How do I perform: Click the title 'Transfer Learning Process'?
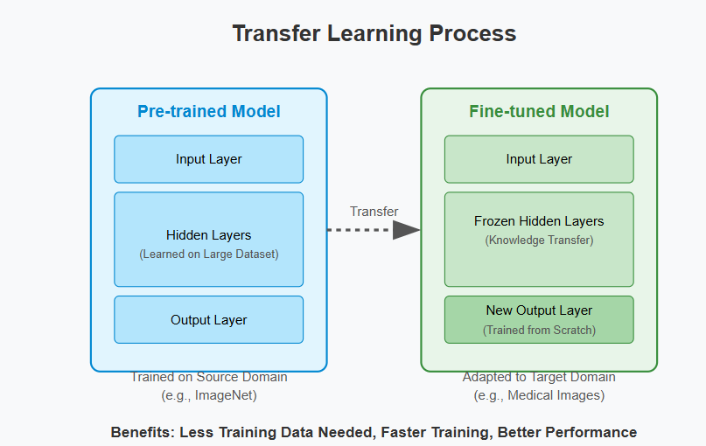click(374, 34)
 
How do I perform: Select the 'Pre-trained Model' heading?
click(208, 112)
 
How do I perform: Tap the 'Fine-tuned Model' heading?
click(539, 112)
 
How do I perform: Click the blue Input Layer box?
click(208, 159)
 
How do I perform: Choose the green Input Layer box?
click(539, 159)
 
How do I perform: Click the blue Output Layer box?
click(208, 320)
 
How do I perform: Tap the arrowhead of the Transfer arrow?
click(406, 230)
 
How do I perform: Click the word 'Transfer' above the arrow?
click(374, 212)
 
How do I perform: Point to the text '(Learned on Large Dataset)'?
click(208, 254)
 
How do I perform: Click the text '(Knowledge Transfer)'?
click(539, 240)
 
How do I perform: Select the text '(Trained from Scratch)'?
click(539, 331)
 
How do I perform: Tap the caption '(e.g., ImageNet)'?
click(208, 395)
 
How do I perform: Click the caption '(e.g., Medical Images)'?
click(539, 395)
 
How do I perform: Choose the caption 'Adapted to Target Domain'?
click(539, 378)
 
